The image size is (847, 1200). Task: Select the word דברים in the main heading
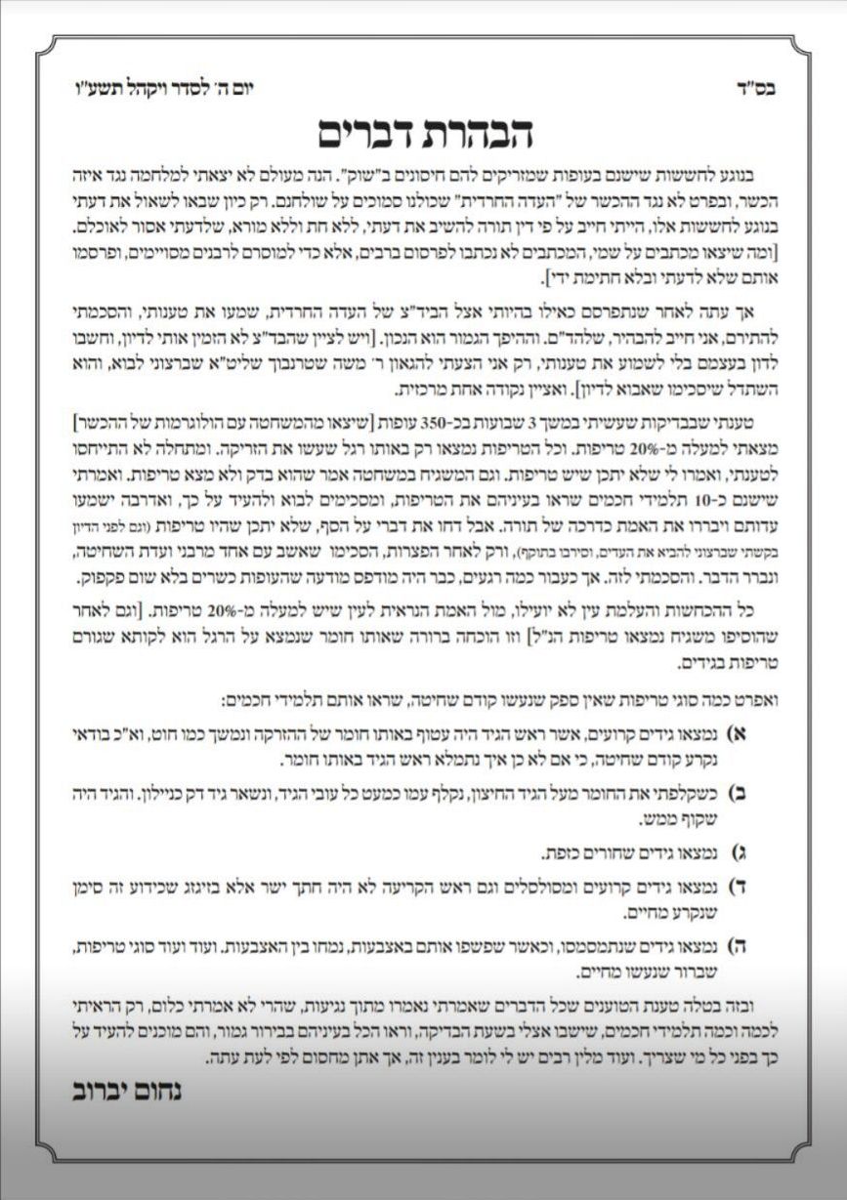coord(369,134)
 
